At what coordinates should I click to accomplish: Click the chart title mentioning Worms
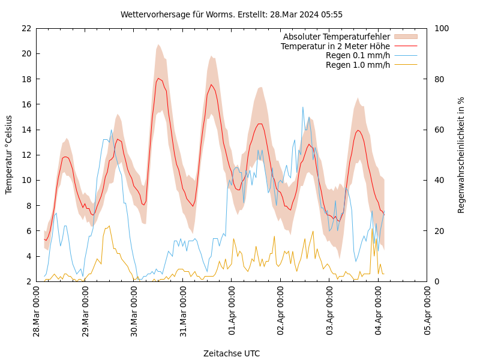pos(232,14)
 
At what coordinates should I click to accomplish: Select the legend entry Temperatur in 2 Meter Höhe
pos(335,46)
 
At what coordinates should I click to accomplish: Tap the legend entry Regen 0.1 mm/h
pos(358,55)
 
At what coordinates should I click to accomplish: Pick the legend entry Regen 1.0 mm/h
pos(358,65)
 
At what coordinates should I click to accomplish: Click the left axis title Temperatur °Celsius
pos(9,154)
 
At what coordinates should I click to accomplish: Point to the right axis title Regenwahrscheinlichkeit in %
pos(461,155)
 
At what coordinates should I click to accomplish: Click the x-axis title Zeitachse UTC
pos(232,353)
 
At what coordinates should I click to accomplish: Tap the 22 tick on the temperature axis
pos(26,28)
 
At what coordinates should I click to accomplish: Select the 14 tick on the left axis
pos(26,130)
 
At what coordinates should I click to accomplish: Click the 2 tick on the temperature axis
pos(28,281)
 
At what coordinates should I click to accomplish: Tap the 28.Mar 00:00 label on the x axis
pos(36,311)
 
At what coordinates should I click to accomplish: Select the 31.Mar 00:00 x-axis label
pos(183,311)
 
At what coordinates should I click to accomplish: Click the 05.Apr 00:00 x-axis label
pos(427,311)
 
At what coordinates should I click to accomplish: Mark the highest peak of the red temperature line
pos(158,78)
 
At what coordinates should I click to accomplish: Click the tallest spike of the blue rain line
pos(303,107)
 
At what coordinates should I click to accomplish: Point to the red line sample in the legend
pos(406,46)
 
